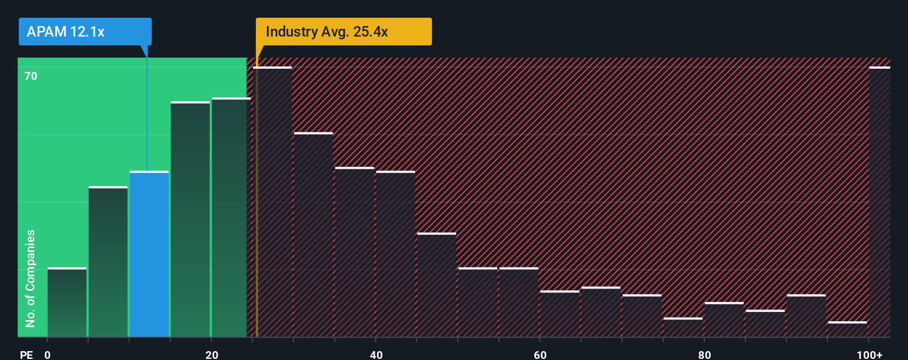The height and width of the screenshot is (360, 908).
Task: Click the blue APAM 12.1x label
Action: (x=85, y=32)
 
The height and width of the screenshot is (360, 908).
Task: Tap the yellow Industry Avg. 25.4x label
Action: (x=343, y=32)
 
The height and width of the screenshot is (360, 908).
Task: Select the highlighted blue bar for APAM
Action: (x=149, y=254)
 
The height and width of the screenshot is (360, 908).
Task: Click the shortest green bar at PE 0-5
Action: (x=67, y=302)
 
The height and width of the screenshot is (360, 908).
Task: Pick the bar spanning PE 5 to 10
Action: (x=108, y=262)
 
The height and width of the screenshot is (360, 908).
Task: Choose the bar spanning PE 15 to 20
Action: (x=190, y=219)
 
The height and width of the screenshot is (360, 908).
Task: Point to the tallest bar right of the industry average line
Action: (x=272, y=202)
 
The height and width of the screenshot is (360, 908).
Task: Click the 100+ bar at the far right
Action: (x=879, y=202)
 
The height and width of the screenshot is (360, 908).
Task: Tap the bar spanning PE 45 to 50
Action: (x=436, y=285)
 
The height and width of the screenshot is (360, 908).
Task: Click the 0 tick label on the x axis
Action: (x=47, y=354)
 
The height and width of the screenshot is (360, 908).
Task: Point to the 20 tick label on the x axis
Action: (x=211, y=354)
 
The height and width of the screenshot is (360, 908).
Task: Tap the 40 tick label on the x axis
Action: (x=376, y=354)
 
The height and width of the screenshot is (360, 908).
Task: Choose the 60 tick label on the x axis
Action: (x=540, y=354)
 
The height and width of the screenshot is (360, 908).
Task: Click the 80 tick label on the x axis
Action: (x=704, y=354)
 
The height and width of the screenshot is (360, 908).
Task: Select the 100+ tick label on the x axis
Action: (x=869, y=354)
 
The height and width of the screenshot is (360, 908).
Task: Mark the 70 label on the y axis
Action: (x=31, y=76)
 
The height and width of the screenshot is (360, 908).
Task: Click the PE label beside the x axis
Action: (x=26, y=354)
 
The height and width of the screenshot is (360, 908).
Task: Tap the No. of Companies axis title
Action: (x=30, y=278)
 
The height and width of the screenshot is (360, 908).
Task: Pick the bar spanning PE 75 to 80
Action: (x=683, y=327)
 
